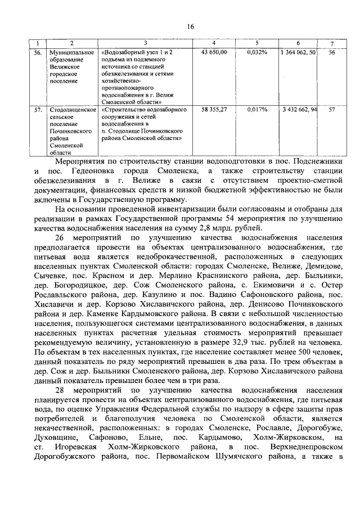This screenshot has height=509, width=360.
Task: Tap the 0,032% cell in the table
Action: (256, 52)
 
